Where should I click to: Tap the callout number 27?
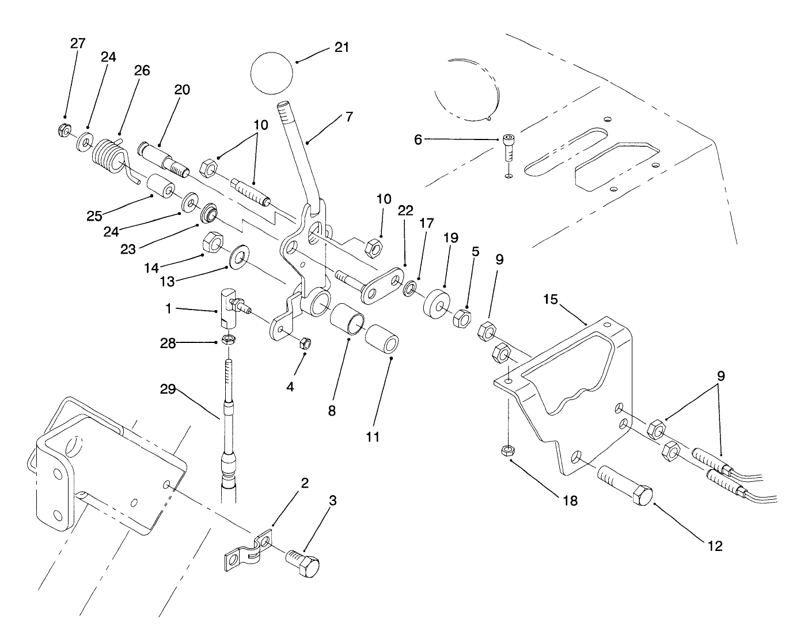click(78, 43)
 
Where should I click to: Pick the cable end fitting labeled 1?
click(229, 307)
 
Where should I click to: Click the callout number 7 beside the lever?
click(348, 116)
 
